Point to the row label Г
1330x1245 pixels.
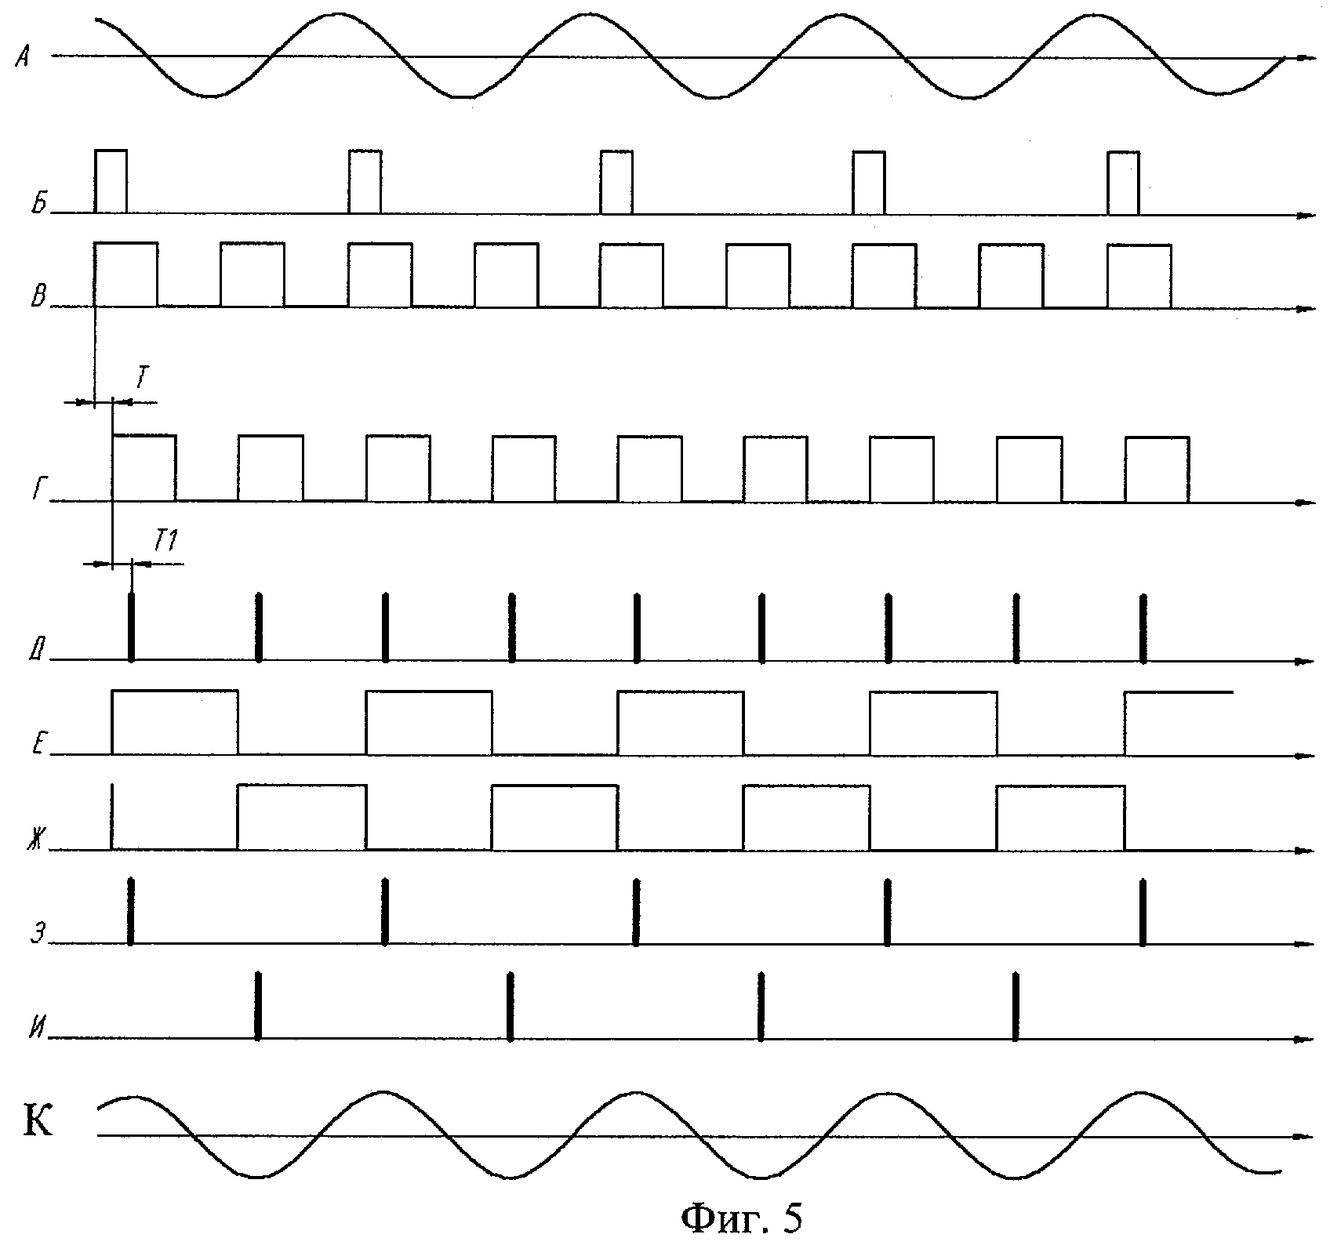coord(38,490)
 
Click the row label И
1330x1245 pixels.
coord(36,1029)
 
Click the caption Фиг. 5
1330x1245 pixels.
coord(741,1218)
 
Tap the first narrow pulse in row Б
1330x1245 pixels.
coord(111,181)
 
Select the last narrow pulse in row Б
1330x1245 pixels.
coord(1123,182)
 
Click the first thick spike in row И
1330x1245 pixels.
coord(257,1006)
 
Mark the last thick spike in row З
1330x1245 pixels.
coord(1142,912)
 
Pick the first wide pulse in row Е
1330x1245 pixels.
coord(175,722)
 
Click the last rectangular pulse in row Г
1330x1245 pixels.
coord(1157,469)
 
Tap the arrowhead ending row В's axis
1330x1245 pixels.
coord(1305,308)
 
